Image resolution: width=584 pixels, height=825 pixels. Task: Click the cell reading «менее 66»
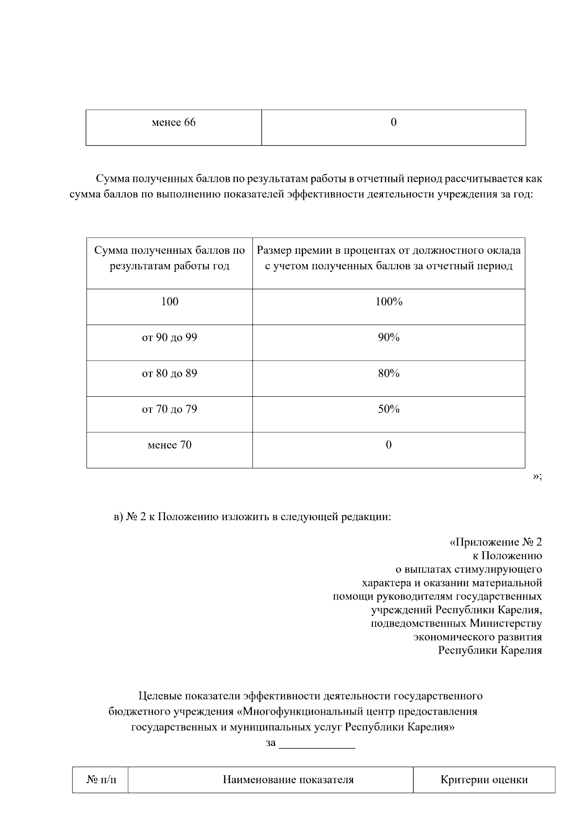click(174, 123)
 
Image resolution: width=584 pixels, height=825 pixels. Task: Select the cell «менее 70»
click(169, 445)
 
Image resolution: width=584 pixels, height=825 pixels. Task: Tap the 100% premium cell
click(388, 302)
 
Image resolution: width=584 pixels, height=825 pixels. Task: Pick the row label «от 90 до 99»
click(169, 337)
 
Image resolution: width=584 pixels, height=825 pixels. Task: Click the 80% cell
click(388, 373)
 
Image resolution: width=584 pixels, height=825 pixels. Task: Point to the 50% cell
click(388, 409)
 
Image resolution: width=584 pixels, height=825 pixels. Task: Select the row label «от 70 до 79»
click(169, 409)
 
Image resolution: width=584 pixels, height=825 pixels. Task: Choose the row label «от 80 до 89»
click(169, 373)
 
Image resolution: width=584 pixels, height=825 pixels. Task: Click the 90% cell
click(388, 337)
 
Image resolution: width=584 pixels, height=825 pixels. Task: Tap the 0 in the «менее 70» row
click(388, 445)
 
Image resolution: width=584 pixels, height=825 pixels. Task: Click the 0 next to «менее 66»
click(393, 123)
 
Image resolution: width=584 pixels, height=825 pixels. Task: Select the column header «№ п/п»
click(101, 780)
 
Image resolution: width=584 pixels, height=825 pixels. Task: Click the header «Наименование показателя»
click(288, 780)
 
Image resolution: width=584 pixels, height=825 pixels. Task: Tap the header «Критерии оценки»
click(484, 780)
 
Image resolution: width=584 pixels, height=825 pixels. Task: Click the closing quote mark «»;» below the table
click(537, 476)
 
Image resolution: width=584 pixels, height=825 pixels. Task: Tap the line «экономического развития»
click(477, 637)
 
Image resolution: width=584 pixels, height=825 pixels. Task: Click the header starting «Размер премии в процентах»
click(388, 258)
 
